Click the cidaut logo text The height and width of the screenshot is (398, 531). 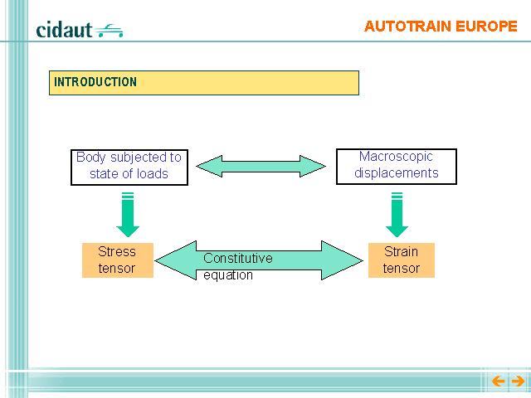coord(64,30)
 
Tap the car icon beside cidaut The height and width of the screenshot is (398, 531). coord(109,31)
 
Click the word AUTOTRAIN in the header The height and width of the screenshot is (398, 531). coord(407,27)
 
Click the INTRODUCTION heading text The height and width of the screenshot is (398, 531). coord(95,82)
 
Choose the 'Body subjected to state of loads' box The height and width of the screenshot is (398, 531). coord(129,167)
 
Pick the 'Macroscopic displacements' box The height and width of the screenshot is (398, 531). coord(397,167)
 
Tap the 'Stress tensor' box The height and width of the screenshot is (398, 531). coord(118,260)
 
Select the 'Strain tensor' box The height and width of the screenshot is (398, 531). coord(402,260)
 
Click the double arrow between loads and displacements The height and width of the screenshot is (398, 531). coord(261,166)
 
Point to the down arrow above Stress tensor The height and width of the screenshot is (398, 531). coord(128,215)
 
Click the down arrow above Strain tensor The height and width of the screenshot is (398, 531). coord(397,215)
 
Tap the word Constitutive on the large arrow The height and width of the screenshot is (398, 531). coord(238,258)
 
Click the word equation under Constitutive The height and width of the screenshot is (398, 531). coord(228,274)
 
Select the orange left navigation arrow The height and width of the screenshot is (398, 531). coord(498,381)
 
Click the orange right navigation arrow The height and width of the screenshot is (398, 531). coord(518,381)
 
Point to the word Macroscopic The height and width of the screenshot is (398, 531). coord(396,157)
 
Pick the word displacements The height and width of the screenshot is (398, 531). coord(397,173)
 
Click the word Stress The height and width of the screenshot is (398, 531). coord(117,252)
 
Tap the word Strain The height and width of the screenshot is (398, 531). coord(401,252)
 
